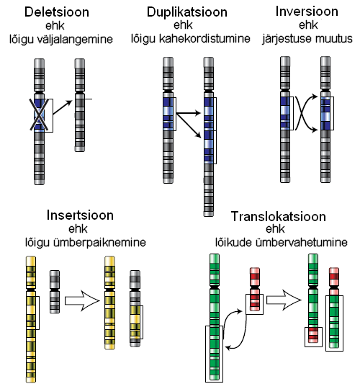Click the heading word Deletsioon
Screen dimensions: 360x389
[57, 12]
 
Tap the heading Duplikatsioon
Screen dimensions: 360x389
[187, 12]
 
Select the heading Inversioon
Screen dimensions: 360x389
[307, 12]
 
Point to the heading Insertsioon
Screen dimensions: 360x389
[80, 215]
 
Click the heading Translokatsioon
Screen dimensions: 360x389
[279, 216]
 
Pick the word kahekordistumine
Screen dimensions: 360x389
[204, 38]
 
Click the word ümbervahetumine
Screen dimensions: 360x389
[301, 242]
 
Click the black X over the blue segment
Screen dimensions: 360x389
[39, 115]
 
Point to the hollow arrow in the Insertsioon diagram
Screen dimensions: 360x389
[82, 300]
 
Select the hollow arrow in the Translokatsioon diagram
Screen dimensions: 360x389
[284, 300]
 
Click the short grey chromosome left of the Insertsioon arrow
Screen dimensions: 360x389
[55, 292]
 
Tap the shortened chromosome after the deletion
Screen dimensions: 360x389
[80, 105]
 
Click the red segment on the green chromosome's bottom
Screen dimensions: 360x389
[313, 335]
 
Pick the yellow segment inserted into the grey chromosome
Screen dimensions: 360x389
[135, 323]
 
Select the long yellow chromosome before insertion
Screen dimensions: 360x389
[31, 320]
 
